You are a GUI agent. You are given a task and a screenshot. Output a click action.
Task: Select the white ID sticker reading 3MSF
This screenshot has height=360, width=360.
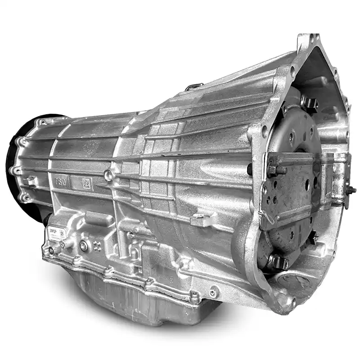point(57,233)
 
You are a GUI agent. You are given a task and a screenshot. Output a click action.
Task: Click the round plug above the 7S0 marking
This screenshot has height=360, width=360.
point(108,175)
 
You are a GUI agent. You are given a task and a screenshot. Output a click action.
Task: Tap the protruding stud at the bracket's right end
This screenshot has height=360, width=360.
point(351,190)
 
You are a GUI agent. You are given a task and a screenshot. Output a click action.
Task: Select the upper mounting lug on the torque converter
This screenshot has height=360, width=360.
point(309,103)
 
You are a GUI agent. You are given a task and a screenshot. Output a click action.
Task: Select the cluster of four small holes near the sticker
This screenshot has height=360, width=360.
point(96,246)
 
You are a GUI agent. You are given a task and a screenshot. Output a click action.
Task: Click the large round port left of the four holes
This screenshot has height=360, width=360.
point(84,245)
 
